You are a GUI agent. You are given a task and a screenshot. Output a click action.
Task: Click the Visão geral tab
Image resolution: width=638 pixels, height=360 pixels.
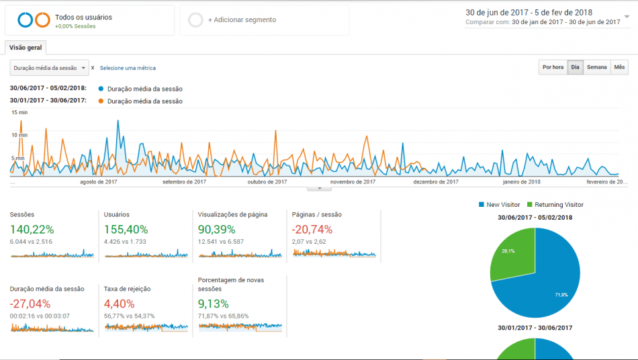pos(26,48)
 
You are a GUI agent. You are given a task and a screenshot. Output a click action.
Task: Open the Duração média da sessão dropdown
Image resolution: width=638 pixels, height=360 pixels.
pos(49,68)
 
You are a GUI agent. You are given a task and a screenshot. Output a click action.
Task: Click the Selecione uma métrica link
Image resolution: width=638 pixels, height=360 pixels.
pos(128,68)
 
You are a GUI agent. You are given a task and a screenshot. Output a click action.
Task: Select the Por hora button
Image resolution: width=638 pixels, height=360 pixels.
pos(553,67)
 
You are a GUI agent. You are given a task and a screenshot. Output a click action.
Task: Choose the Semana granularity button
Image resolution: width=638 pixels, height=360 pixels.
pos(596,67)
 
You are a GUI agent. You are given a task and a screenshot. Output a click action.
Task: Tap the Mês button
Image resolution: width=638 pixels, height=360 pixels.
pos(619,67)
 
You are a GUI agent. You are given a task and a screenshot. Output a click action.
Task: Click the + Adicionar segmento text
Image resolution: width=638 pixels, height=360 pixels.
pos(242,19)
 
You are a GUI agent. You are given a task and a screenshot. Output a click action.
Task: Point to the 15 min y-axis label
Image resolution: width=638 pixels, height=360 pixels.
pos(19,112)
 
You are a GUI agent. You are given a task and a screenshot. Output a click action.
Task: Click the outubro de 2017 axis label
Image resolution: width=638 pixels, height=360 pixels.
pos(267,182)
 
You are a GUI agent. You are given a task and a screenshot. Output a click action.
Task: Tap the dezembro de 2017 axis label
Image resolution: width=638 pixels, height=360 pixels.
pos(436,182)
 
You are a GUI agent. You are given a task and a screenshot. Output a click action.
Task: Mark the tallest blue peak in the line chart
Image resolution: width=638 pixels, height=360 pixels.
pos(118,120)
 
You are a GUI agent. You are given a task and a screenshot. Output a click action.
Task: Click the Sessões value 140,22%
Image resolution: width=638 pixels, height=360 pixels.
pos(32,230)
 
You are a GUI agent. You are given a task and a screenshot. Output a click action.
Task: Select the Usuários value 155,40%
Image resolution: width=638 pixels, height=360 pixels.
pos(126,230)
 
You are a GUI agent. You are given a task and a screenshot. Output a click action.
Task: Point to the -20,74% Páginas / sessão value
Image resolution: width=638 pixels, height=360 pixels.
pos(312,230)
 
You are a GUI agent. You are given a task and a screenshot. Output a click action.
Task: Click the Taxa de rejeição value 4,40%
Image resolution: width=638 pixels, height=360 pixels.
pos(120,304)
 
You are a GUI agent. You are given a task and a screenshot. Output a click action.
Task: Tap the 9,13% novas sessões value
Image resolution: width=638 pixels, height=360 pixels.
pos(213,304)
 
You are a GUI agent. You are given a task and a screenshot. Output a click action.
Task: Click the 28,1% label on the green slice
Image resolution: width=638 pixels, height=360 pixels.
pos(508,251)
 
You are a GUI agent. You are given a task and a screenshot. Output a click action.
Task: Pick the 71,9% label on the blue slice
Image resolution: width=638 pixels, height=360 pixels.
pos(561,294)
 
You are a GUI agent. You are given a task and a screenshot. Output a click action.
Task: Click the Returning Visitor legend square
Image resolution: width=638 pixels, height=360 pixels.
pos(530,205)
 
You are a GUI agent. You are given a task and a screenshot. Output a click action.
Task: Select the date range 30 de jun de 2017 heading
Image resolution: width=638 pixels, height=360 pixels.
pos(529,13)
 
